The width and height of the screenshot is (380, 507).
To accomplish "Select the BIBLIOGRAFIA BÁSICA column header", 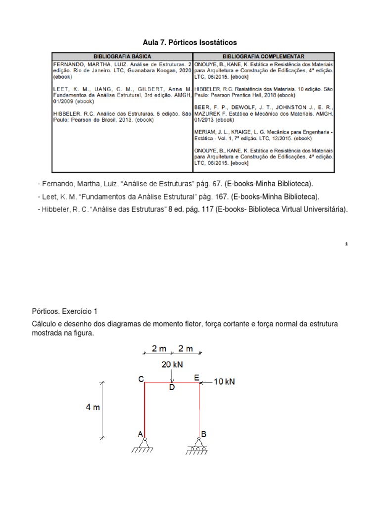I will [x=122, y=57].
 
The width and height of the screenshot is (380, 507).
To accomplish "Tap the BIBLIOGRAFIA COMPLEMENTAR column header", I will [x=263, y=57].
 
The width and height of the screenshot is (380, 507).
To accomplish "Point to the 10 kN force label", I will [x=225, y=382].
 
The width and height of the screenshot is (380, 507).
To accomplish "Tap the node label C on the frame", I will [x=141, y=379].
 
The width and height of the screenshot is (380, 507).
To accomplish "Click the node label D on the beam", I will [x=172, y=388].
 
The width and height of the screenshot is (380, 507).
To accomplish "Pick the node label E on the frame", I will [x=196, y=378].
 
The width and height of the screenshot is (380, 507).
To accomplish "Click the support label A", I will [x=140, y=434].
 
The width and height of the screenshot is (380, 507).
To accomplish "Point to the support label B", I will [x=203, y=434].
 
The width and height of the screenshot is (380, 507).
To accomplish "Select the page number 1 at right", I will [x=346, y=244].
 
